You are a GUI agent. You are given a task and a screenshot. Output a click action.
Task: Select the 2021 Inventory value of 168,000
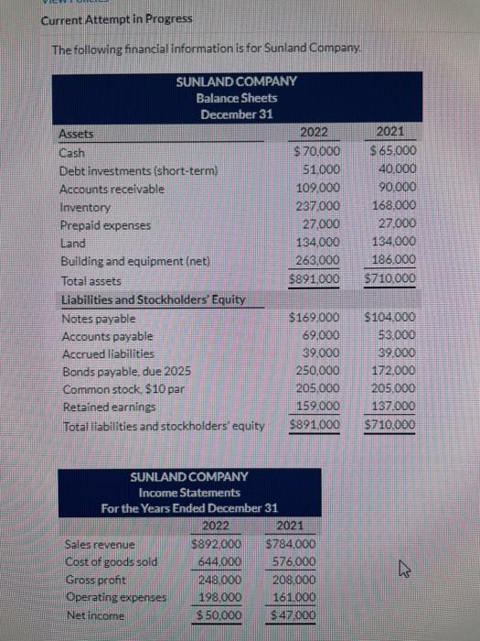pos(391,206)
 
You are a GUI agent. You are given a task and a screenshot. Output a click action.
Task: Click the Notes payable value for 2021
pos(390,318)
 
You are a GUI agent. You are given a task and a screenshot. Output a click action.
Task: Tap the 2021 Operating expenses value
pos(289,596)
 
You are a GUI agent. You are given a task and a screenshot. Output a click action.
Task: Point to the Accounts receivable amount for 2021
pos(393,188)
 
